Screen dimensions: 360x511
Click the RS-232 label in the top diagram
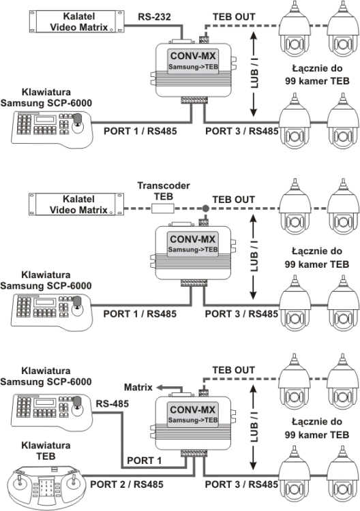click(154, 16)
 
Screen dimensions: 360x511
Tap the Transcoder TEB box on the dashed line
click(163, 208)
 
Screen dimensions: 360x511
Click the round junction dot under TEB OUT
click(205, 208)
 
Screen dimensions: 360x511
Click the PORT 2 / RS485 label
click(127, 484)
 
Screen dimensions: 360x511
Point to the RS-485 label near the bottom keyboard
click(112, 404)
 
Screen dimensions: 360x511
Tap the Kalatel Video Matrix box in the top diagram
click(76, 22)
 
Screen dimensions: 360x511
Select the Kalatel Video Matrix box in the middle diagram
click(76, 204)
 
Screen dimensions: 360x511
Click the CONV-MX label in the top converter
click(193, 56)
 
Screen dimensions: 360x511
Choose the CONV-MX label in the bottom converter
click(193, 409)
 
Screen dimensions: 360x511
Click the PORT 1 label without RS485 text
click(144, 461)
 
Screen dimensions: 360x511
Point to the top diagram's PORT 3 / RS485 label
click(242, 131)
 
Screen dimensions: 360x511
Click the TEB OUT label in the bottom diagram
click(233, 370)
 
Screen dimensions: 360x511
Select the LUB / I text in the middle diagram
click(254, 256)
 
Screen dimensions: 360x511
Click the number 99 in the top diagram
click(290, 81)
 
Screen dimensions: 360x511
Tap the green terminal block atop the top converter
click(204, 40)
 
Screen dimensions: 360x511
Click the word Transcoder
click(164, 185)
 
